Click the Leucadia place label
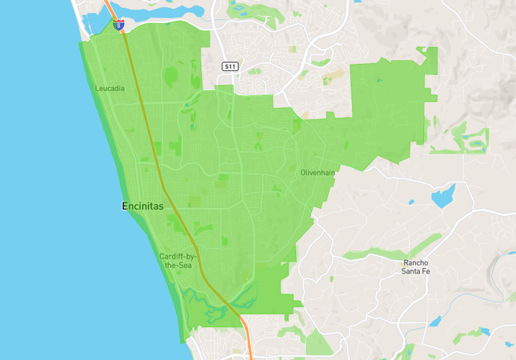[110, 88]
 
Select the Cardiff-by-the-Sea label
[178, 260]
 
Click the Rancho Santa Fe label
[416, 267]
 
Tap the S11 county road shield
[230, 66]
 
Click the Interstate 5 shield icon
[119, 26]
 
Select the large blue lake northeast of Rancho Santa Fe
[442, 195]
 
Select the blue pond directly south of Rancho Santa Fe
[435, 322]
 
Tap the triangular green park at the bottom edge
[318, 344]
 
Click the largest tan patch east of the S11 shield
[334, 76]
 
